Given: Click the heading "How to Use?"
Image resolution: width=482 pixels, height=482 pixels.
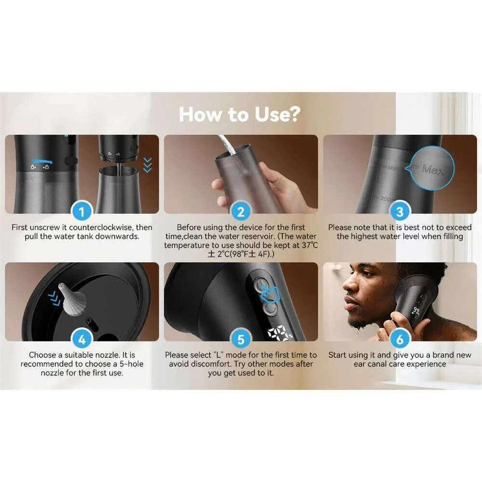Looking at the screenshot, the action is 240,114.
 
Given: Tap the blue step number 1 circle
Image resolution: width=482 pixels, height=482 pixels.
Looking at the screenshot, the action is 82,212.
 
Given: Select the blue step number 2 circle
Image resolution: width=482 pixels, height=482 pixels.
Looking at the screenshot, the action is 241,212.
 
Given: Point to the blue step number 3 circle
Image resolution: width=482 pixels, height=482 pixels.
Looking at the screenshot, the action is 400,212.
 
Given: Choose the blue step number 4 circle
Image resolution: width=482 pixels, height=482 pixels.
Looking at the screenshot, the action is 82,339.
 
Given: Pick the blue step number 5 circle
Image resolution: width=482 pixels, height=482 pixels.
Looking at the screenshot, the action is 241,339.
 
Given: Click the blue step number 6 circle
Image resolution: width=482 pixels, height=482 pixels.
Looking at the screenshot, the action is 400,339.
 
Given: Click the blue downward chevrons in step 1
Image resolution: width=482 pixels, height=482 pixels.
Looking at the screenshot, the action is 147,165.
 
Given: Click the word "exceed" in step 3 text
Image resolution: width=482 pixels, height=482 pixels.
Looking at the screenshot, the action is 459,228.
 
